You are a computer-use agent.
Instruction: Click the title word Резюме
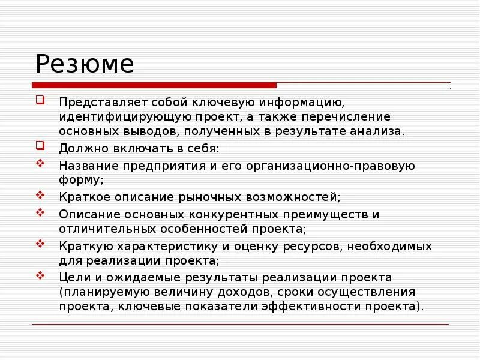(84, 64)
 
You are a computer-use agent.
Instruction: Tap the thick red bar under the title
(154, 85)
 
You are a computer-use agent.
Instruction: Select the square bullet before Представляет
(40, 100)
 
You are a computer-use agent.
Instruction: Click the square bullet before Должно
(40, 145)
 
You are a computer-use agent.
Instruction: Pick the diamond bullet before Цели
(40, 275)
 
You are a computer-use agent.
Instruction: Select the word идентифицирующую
(118, 116)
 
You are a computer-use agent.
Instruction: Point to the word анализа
(379, 131)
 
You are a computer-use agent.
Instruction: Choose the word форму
(80, 179)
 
